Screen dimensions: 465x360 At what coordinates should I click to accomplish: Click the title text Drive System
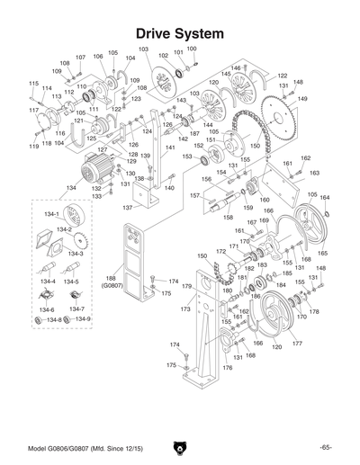click(180, 32)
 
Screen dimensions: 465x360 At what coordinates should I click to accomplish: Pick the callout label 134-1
click(51, 213)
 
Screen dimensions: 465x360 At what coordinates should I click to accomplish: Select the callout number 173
click(184, 309)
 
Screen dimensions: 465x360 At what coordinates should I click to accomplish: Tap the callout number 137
click(127, 206)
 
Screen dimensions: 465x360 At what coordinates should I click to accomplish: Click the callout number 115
click(33, 84)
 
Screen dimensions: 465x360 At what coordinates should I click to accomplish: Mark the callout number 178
click(315, 311)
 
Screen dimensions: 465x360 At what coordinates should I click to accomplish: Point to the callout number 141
click(168, 148)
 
